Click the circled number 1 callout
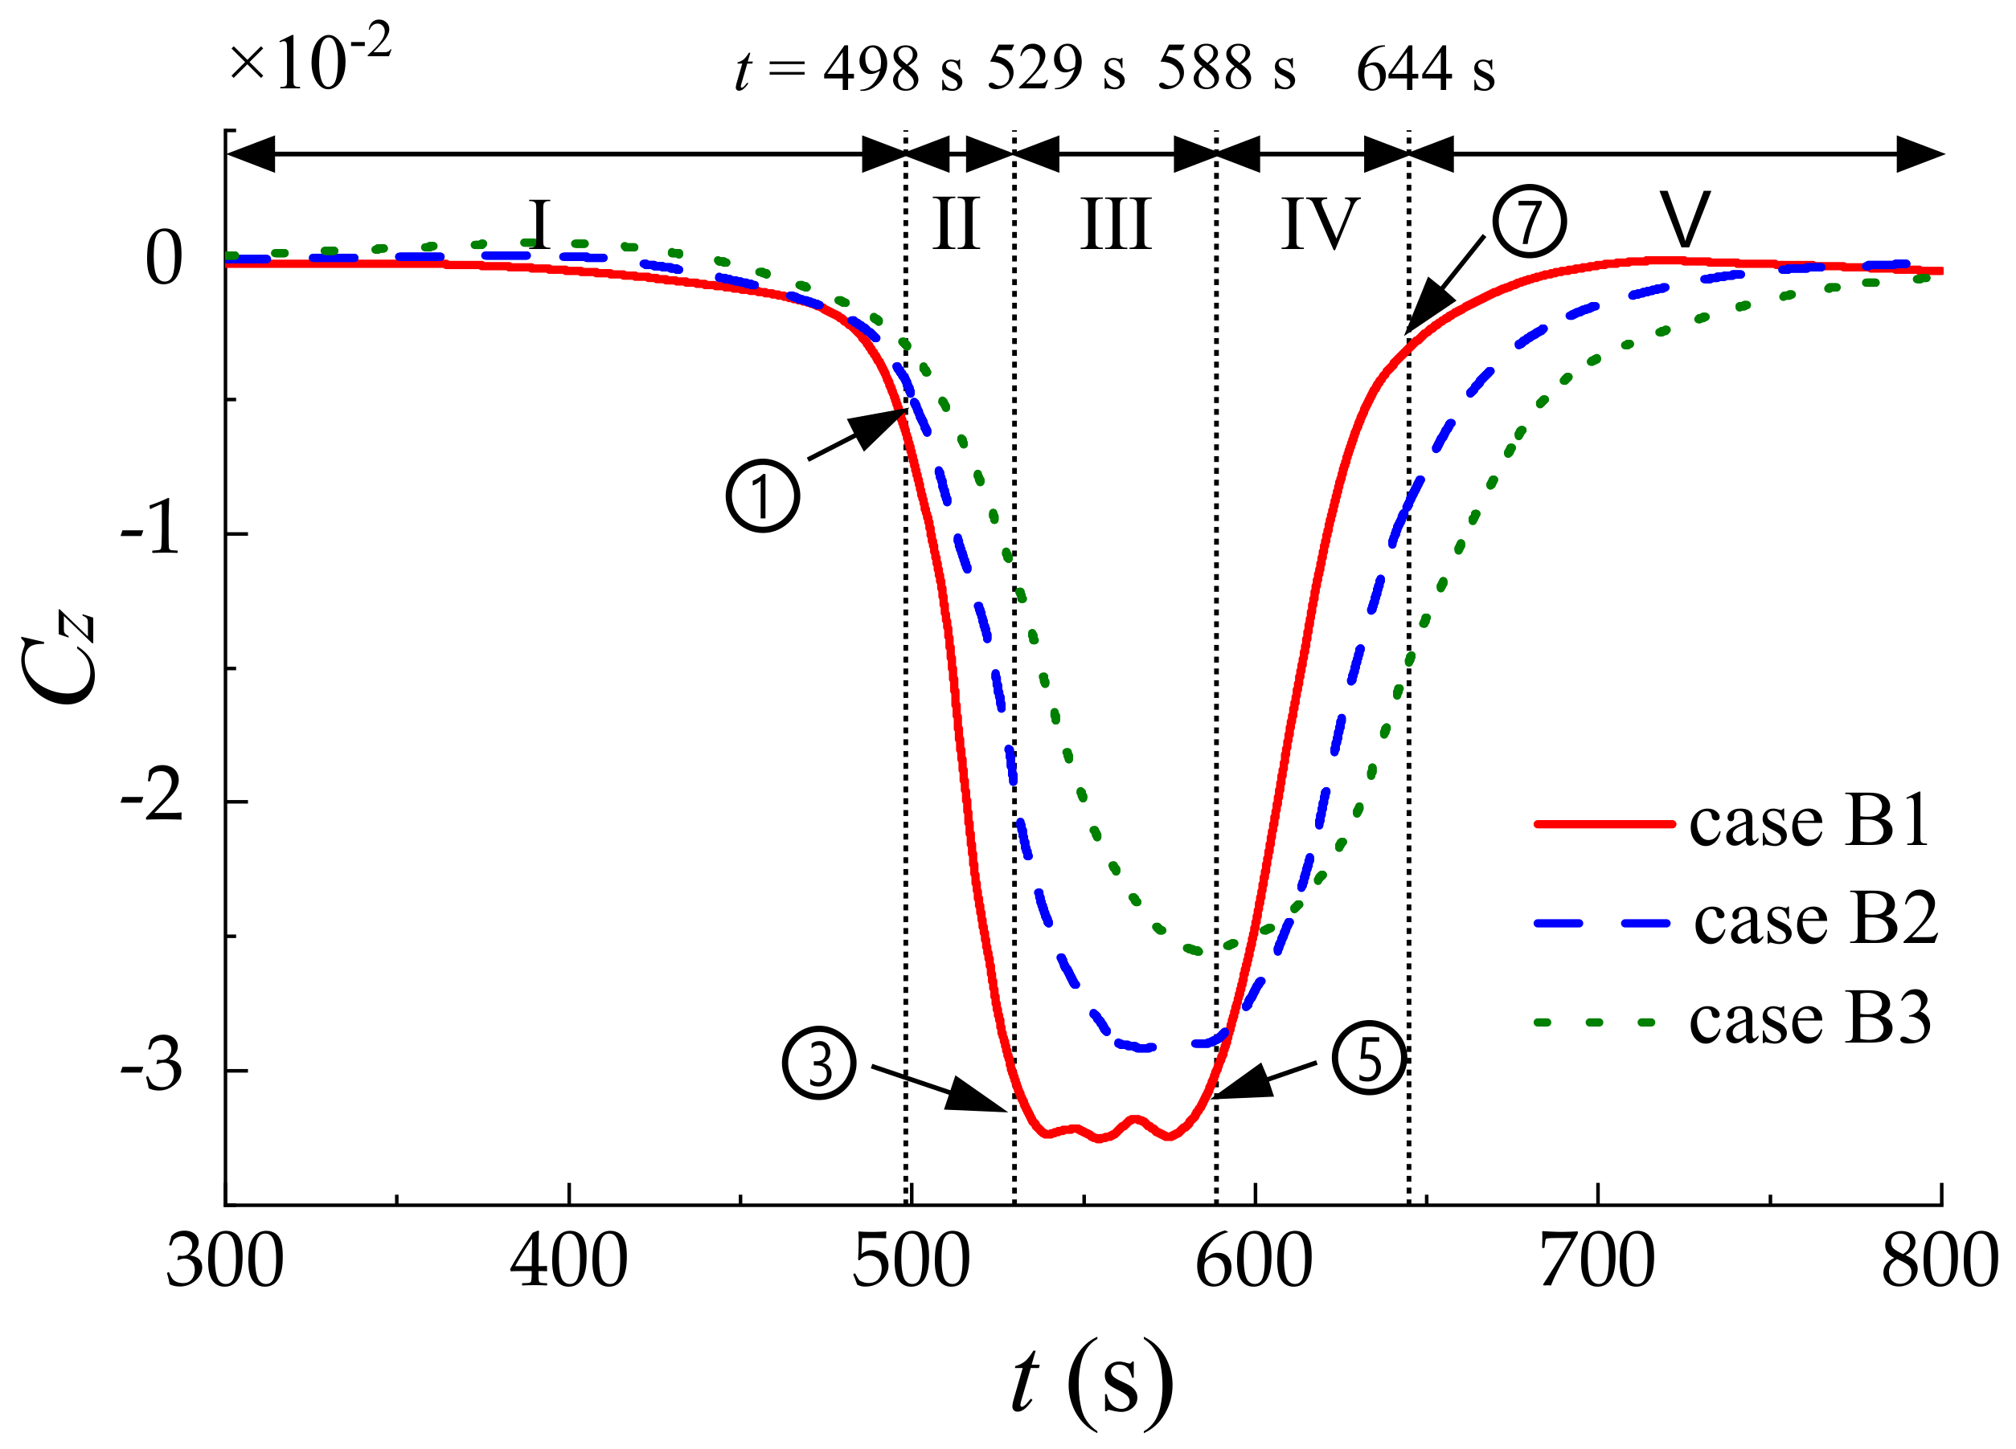pos(763,495)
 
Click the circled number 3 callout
pos(818,1063)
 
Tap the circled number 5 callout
pos(1369,1057)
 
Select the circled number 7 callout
pos(1529,220)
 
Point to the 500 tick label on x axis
pos(910,1262)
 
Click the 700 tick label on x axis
pos(1596,1262)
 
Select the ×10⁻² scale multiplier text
pos(309,60)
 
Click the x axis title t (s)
pos(1092,1382)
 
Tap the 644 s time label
pos(1425,68)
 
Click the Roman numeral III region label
pos(1117,224)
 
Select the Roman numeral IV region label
pos(1320,224)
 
